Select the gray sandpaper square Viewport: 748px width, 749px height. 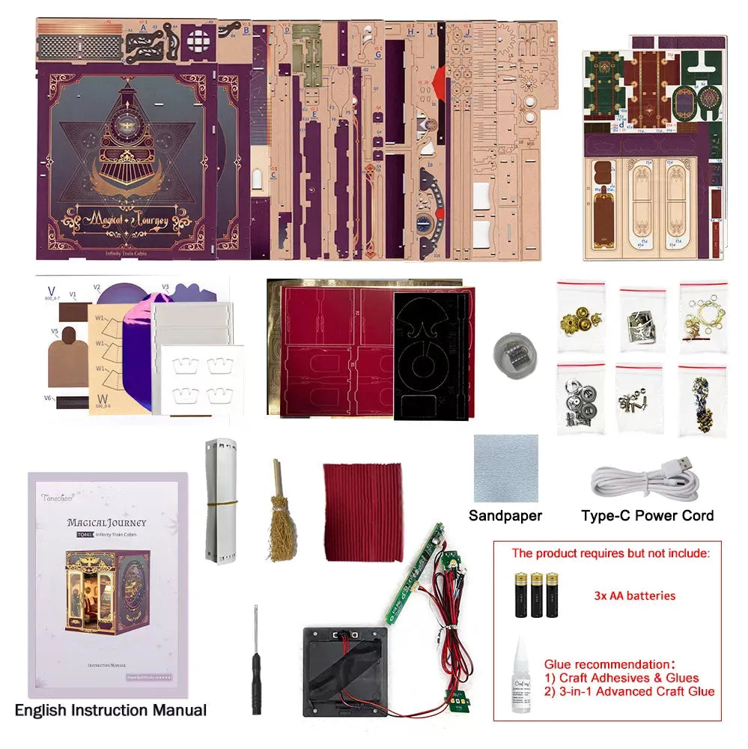[x=505, y=468]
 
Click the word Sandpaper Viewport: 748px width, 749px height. [x=505, y=515]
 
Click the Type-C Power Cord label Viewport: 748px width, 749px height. [x=647, y=515]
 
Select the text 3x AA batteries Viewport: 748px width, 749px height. [x=635, y=596]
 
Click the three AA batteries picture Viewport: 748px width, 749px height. [x=536, y=595]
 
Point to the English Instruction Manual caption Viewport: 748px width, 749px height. [x=110, y=710]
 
